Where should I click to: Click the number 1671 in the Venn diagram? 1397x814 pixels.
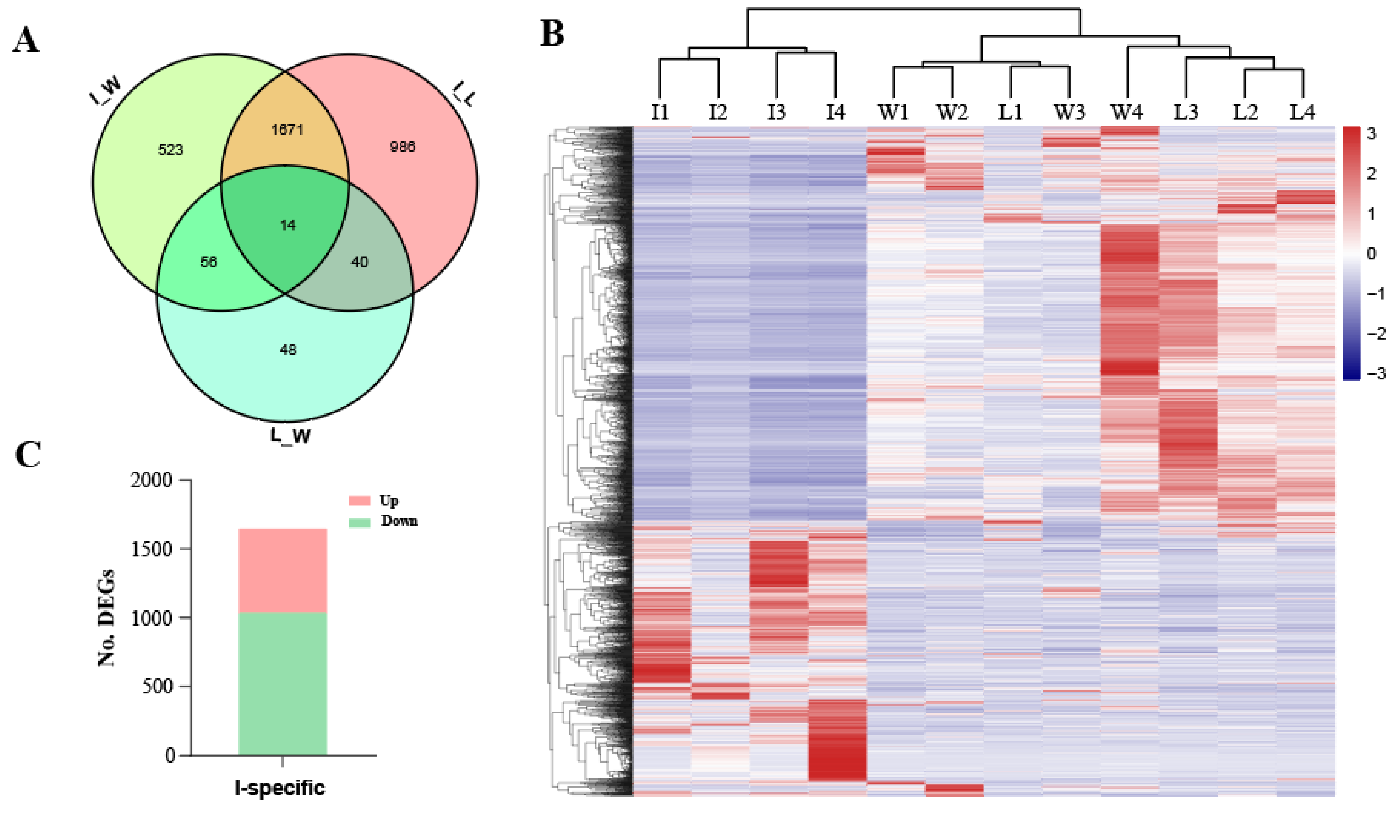(x=287, y=130)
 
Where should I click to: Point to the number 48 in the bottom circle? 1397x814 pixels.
(x=288, y=349)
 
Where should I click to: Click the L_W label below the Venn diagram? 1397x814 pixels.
(x=290, y=436)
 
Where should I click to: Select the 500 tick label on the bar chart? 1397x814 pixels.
(x=157, y=687)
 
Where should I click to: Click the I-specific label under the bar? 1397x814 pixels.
(x=280, y=788)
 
